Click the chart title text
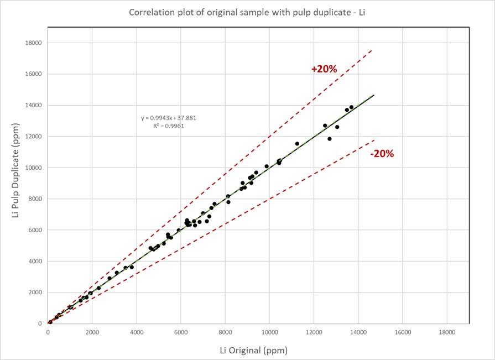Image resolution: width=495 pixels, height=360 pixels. pyautogui.click(x=247, y=13)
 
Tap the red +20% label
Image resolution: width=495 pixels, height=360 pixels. pyautogui.click(x=324, y=69)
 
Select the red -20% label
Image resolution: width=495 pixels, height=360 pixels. pyautogui.click(x=382, y=154)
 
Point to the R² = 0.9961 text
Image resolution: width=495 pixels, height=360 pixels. pyautogui.click(x=169, y=126)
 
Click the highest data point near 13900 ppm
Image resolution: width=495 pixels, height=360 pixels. pyautogui.click(x=351, y=107)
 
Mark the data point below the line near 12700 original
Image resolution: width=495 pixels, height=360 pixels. pyautogui.click(x=330, y=139)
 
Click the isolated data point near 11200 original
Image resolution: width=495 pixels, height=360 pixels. pyautogui.click(x=297, y=144)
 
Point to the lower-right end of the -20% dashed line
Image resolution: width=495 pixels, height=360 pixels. pyautogui.click(x=374, y=140)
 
